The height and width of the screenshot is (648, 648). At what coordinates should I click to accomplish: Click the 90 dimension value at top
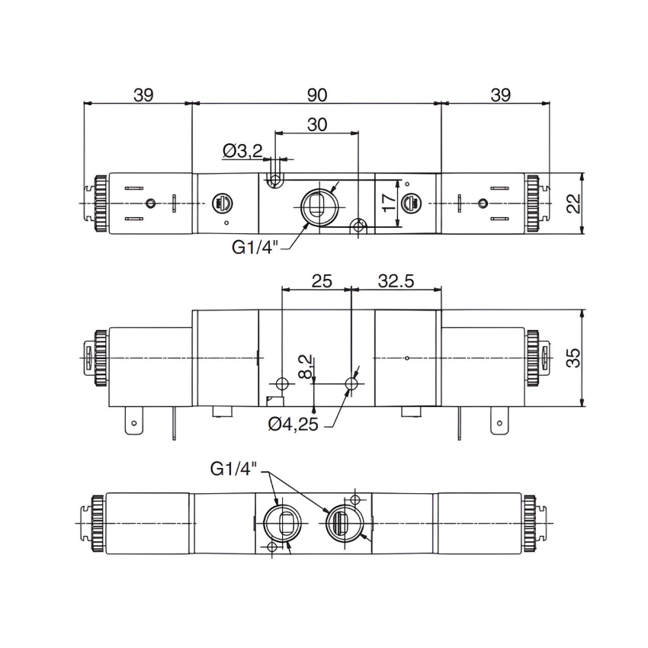pyautogui.click(x=317, y=95)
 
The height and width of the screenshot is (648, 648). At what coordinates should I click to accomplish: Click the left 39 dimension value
pyautogui.click(x=143, y=95)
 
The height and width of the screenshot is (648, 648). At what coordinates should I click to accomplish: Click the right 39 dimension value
pyautogui.click(x=500, y=95)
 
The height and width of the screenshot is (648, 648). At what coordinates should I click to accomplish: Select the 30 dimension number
pyautogui.click(x=319, y=124)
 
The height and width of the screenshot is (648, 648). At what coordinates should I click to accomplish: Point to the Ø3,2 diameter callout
pyautogui.click(x=242, y=152)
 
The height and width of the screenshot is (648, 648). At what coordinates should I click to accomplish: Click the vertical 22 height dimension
pyautogui.click(x=573, y=203)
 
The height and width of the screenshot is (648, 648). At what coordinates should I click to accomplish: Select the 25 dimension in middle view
pyautogui.click(x=322, y=281)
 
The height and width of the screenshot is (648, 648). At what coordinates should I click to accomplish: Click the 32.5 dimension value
pyautogui.click(x=396, y=281)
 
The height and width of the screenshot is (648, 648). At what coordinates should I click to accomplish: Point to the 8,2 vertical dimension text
pyautogui.click(x=305, y=366)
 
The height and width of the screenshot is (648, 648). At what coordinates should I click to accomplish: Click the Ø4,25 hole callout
pyautogui.click(x=293, y=424)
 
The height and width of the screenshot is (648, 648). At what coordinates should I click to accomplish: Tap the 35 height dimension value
pyautogui.click(x=573, y=358)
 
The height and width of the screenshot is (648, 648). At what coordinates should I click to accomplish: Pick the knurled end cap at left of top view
pyautogui.click(x=99, y=204)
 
